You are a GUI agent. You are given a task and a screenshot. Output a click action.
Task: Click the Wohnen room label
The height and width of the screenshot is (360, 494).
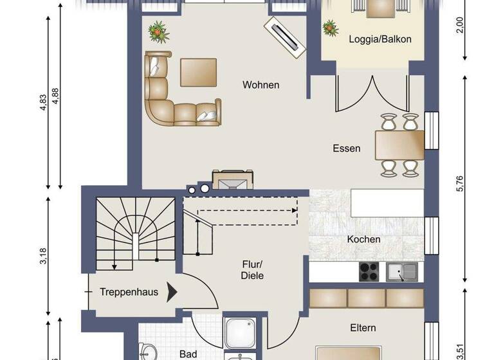click(261, 85)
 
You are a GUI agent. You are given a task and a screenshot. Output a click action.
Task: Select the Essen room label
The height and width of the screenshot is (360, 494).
click(346, 148)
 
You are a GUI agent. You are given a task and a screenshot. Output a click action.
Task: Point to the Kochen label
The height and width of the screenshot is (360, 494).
click(363, 239)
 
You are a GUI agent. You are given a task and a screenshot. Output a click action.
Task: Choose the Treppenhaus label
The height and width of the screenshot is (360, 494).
click(129, 292)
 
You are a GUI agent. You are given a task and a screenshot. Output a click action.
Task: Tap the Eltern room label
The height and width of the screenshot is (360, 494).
click(363, 328)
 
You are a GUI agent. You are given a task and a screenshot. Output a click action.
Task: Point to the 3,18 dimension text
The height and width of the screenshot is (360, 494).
click(42, 256)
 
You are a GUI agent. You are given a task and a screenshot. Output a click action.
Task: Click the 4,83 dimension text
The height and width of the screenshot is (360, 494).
click(42, 104)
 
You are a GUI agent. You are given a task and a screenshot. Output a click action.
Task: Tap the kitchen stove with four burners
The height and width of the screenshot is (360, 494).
click(369, 273)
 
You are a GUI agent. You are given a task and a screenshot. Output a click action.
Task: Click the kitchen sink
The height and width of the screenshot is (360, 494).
click(402, 273)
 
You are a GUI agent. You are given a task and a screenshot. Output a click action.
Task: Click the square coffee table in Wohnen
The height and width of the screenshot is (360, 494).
click(198, 72)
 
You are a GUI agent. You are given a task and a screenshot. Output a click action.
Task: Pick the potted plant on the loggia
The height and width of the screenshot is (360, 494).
click(331, 28)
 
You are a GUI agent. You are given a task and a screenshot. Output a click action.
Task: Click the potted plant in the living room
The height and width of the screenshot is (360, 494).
click(156, 30)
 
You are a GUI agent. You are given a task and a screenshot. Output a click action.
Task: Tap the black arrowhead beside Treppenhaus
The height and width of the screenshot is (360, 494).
click(172, 292)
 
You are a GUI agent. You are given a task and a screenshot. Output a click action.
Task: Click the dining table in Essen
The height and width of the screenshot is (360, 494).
click(399, 144)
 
